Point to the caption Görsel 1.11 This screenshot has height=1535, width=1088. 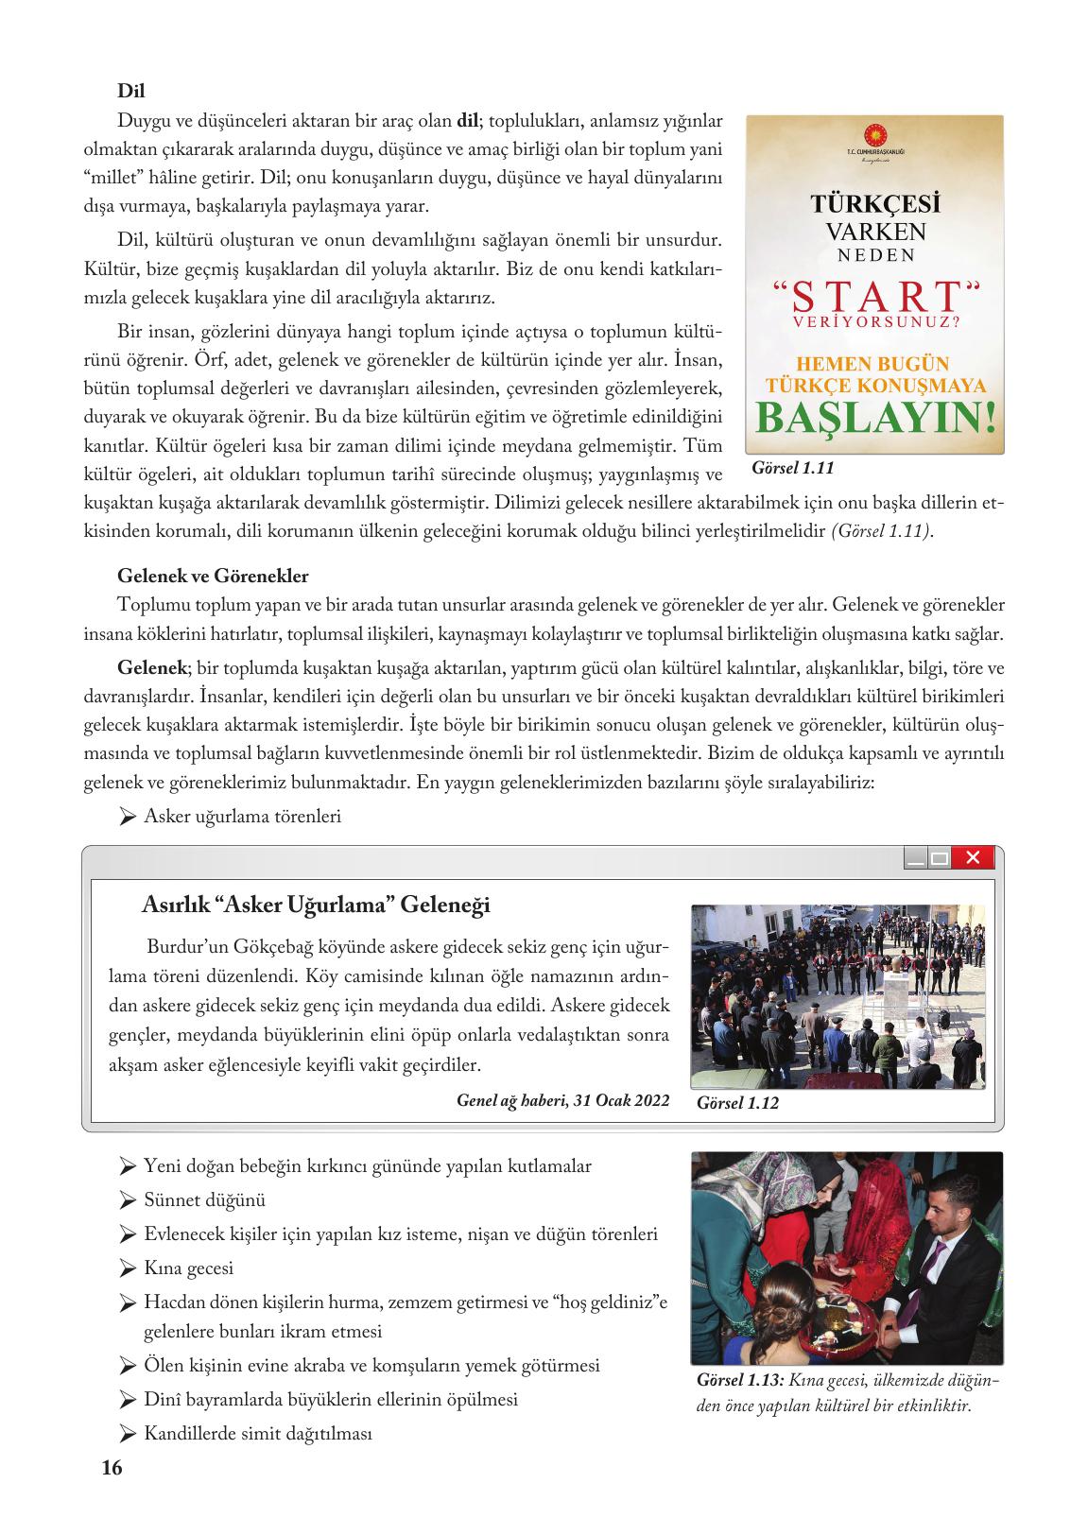coord(793,468)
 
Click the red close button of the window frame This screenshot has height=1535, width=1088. coord(973,858)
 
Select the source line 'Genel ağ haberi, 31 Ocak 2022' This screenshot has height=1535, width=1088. coord(562,1101)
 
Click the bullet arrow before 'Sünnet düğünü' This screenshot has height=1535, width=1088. coord(128,1201)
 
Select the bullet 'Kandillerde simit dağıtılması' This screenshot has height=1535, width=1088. coord(257,1434)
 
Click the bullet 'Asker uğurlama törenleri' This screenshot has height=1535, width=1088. coord(242,817)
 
